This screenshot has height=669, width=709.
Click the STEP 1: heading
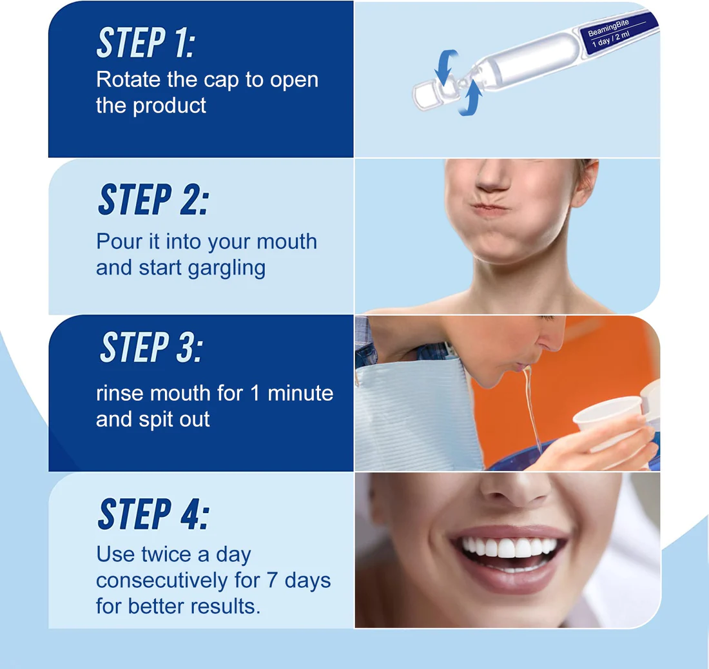click(x=146, y=43)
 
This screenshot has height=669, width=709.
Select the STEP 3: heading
click(x=151, y=348)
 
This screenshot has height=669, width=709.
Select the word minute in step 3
click(x=301, y=393)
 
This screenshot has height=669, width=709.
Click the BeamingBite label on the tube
click(x=609, y=29)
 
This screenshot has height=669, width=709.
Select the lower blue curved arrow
click(x=471, y=98)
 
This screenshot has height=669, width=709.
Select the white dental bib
click(x=413, y=412)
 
